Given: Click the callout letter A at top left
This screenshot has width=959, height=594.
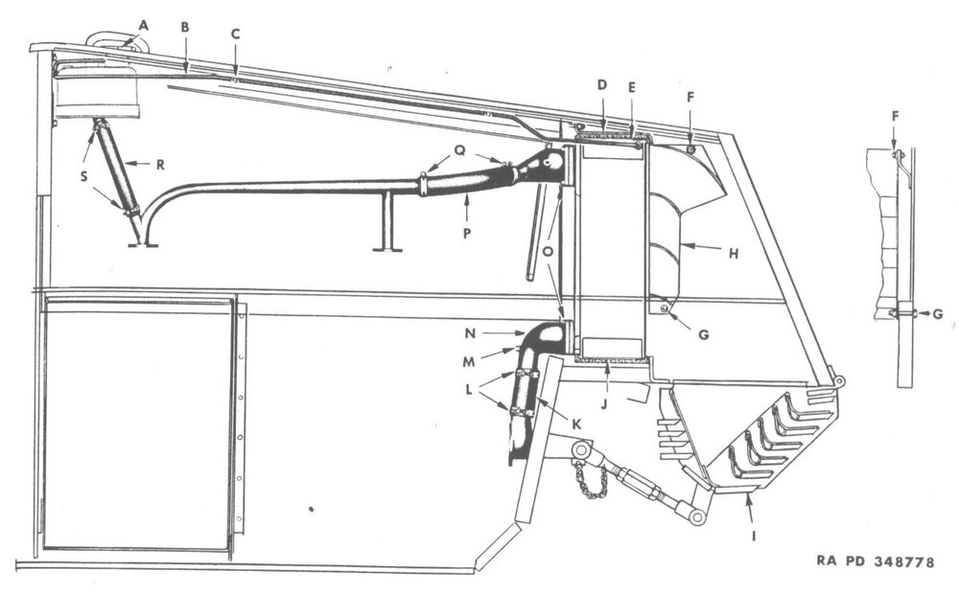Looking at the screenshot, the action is click(x=144, y=25).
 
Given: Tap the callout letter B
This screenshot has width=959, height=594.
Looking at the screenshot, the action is click(x=185, y=27).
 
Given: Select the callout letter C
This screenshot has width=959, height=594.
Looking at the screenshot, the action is click(x=236, y=34).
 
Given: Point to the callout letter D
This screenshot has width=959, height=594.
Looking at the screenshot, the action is click(x=602, y=84).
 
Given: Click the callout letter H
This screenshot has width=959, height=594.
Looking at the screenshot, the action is click(x=734, y=253).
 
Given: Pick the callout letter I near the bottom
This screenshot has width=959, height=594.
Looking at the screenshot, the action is click(x=754, y=536).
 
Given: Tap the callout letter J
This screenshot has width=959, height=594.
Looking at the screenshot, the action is click(x=603, y=404).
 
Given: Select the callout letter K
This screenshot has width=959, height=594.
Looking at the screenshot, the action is click(x=576, y=424).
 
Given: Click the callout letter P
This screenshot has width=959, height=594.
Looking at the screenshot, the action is click(x=467, y=233).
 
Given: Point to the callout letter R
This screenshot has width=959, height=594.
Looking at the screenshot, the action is click(x=160, y=165).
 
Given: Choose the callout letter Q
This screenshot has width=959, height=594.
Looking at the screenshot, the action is click(x=460, y=151).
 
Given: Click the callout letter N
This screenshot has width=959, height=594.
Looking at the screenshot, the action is click(x=470, y=333).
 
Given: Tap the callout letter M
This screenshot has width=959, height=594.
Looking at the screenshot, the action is click(x=469, y=362).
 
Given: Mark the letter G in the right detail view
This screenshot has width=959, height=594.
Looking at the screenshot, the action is click(x=938, y=314).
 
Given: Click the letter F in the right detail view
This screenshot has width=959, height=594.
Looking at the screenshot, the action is click(x=895, y=116).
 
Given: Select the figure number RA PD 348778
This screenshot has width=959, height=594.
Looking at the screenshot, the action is click(x=876, y=561).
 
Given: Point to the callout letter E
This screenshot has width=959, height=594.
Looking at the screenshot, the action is click(x=632, y=87).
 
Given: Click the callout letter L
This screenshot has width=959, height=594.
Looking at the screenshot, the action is click(x=469, y=389).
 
